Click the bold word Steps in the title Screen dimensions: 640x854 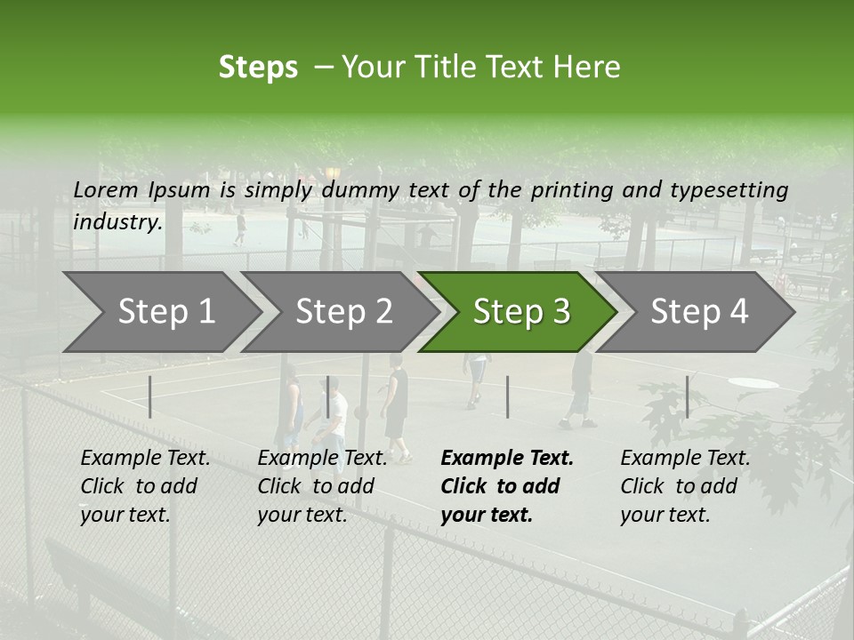[258, 68]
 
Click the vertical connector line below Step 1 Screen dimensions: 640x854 [150, 396]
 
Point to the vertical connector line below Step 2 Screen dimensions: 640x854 [327, 396]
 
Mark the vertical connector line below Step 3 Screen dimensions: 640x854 [507, 396]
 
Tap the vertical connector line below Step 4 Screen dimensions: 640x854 [687, 396]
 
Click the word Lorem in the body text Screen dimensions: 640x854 [106, 189]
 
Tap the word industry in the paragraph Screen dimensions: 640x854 [117, 221]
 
